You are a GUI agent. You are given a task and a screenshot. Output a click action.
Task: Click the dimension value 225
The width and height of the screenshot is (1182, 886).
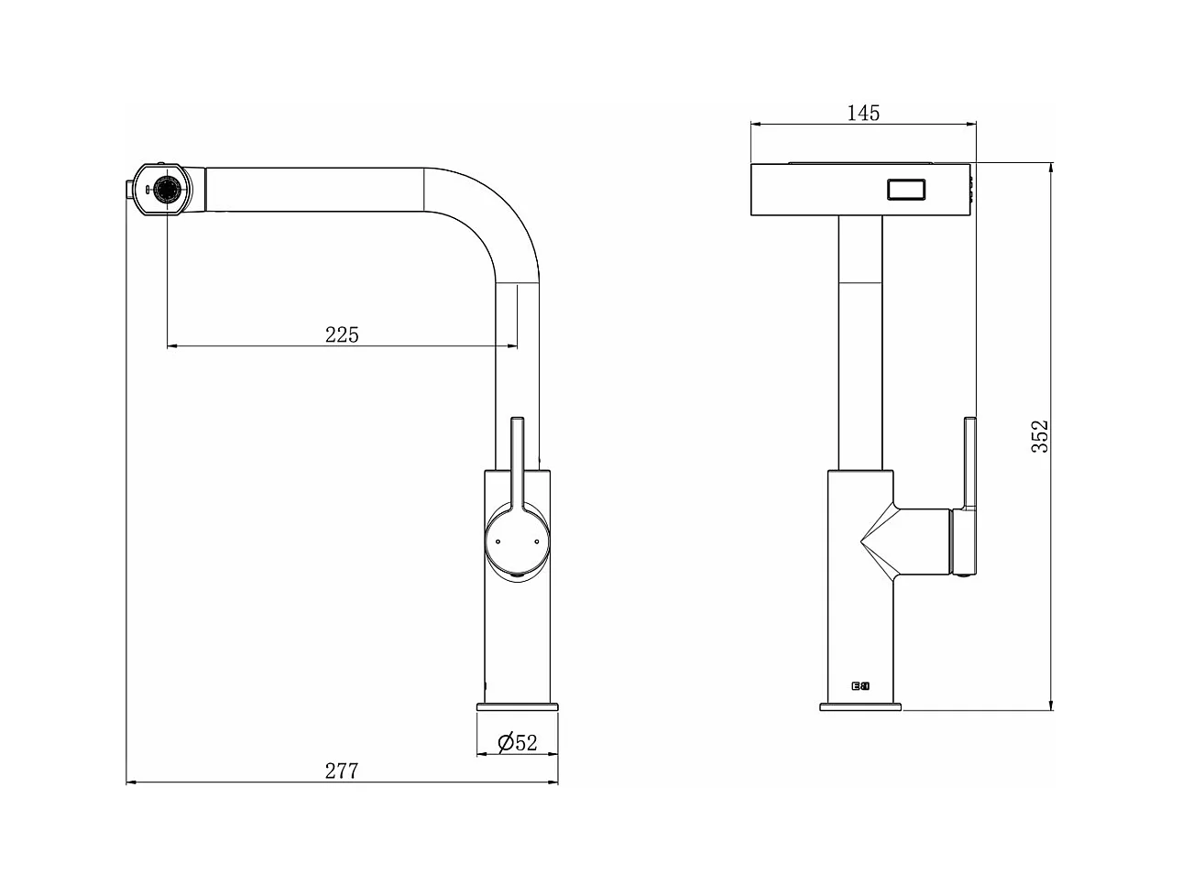[x=342, y=334]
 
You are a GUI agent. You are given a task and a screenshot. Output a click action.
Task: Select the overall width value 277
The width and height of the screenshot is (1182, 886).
[x=341, y=771]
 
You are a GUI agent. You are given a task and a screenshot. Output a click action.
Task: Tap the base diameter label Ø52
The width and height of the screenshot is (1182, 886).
[x=517, y=743]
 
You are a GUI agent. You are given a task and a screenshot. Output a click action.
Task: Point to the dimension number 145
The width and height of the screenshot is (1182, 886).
[x=863, y=113]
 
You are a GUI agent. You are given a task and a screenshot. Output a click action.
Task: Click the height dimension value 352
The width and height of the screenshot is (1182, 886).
[x=1039, y=438]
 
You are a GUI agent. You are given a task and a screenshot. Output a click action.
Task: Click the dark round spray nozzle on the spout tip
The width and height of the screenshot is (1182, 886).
[x=168, y=191]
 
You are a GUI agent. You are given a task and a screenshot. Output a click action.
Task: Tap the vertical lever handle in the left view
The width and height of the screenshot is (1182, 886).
[x=517, y=463]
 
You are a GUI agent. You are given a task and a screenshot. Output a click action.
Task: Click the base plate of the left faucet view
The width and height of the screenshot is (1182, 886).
[x=517, y=706]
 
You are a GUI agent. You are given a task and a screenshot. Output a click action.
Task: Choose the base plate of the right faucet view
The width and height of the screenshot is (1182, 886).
[x=860, y=706]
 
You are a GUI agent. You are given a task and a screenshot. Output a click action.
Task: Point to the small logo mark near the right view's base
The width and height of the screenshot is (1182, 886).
[x=860, y=685]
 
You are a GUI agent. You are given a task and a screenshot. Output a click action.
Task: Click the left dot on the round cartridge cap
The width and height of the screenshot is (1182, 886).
[x=497, y=542]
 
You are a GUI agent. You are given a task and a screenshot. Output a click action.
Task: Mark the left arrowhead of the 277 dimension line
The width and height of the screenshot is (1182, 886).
[x=130, y=782]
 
